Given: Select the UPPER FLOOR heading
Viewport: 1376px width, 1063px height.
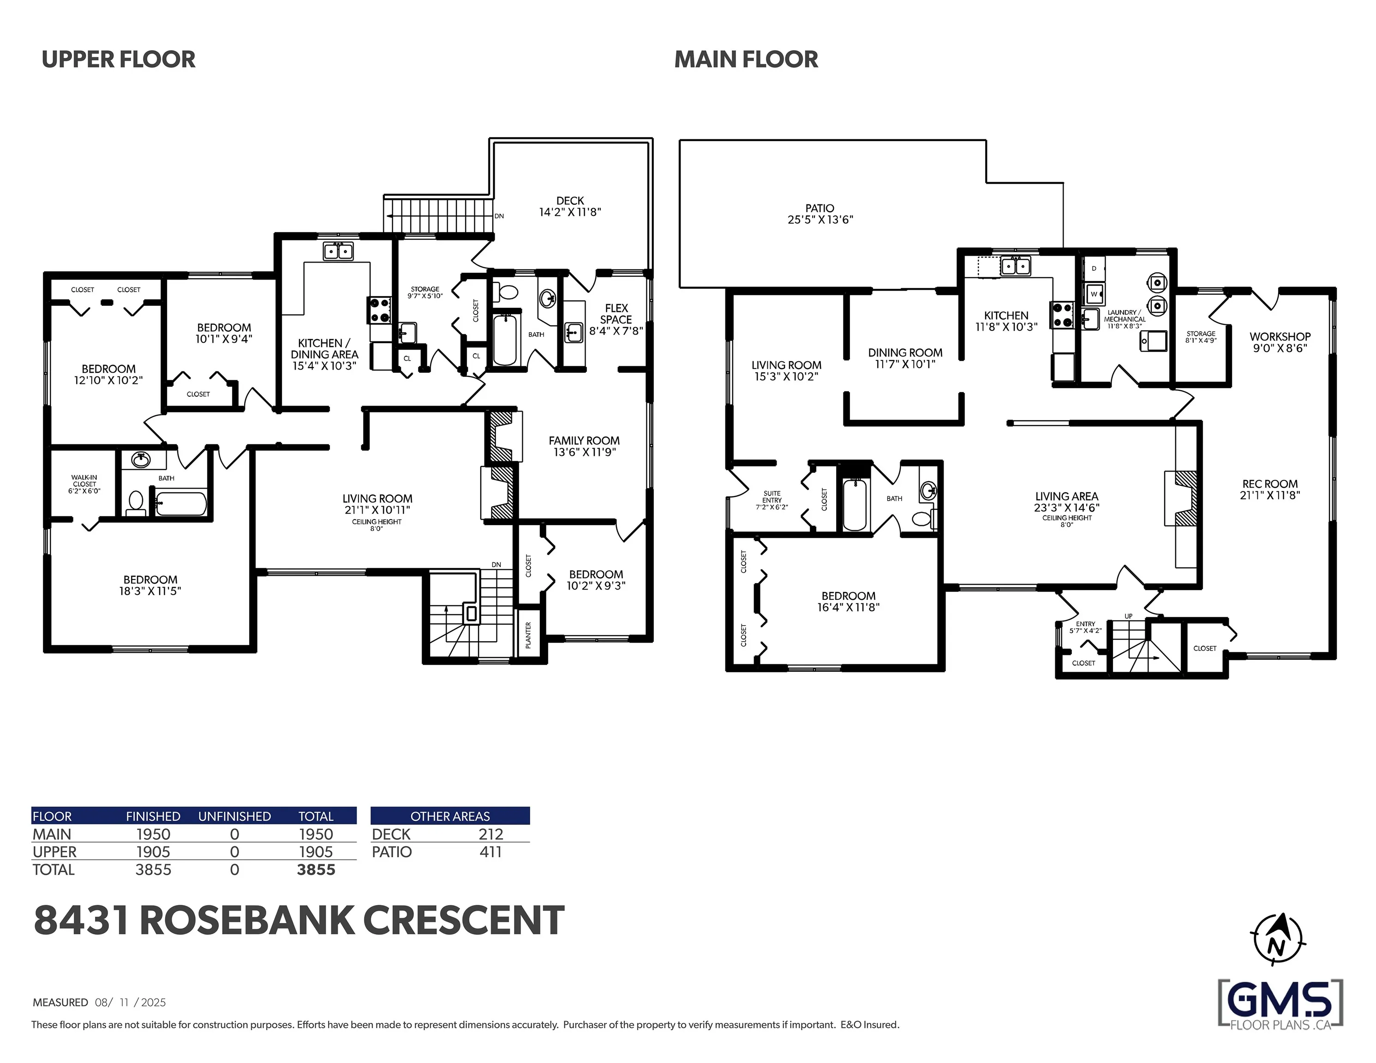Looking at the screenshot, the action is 119,59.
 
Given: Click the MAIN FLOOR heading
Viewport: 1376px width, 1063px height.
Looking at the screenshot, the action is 746,59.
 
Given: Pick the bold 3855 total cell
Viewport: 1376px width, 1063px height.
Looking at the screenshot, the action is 316,870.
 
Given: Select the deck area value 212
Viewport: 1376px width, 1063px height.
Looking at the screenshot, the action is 491,834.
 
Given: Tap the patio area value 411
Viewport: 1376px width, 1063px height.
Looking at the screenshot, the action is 490,852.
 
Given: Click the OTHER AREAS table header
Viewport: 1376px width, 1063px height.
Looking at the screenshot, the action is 450,816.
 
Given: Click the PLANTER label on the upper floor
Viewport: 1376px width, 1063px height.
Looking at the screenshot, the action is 528,635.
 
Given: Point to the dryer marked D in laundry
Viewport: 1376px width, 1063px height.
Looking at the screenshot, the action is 1095,269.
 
